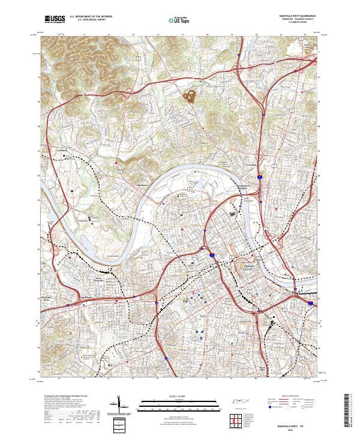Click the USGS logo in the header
click(x=55, y=19)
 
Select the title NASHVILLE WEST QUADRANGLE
click(x=296, y=16)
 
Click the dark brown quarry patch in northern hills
click(x=192, y=94)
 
